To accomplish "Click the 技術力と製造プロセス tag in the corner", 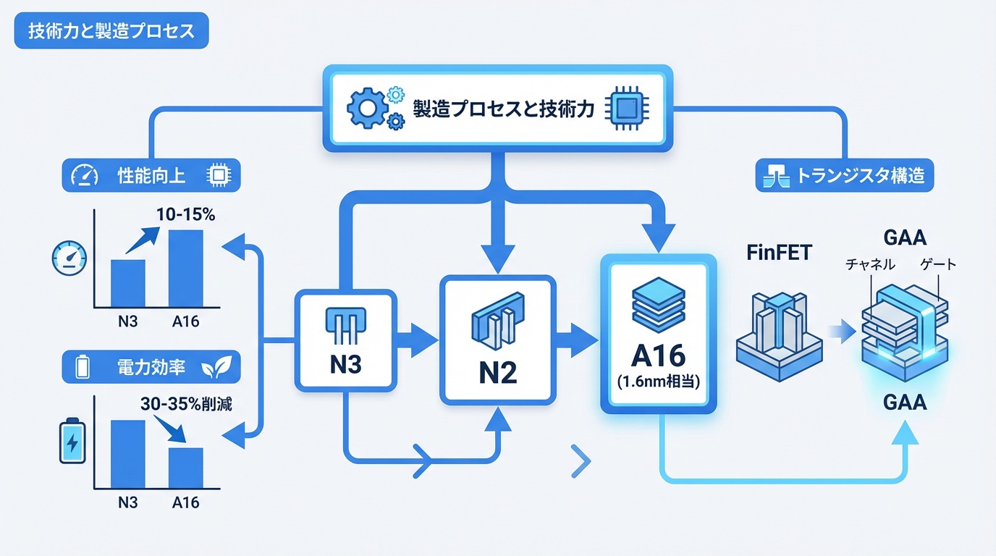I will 110,33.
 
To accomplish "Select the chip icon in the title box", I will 627,109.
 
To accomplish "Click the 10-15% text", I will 185,215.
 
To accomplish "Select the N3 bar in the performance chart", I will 127,282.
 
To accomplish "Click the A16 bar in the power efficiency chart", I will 185,467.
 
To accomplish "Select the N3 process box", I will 346,340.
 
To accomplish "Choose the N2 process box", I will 497,340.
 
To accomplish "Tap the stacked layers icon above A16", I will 658,305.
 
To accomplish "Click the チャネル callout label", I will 870,265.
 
